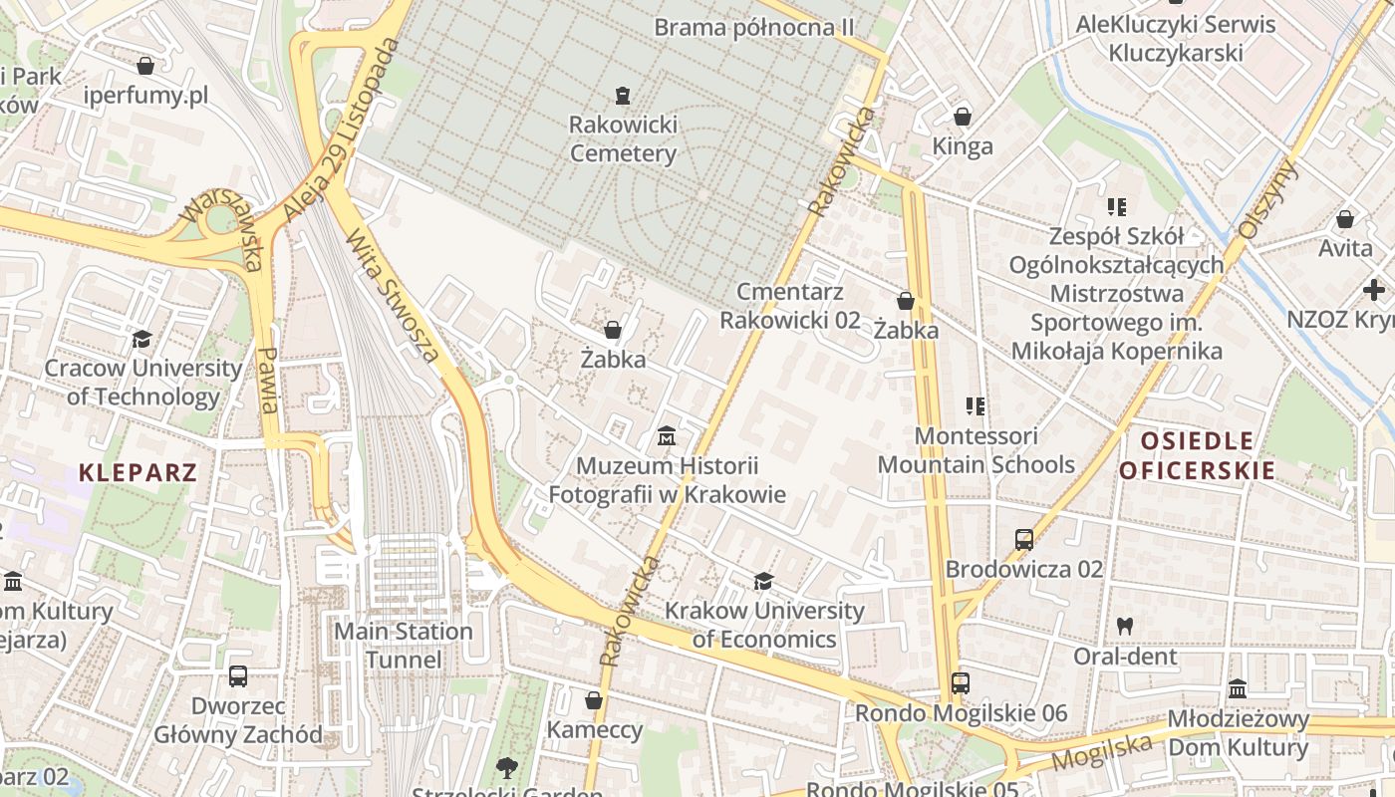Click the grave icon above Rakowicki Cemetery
623,96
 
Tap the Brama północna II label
753,27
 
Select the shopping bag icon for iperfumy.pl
145,66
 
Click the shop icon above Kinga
963,117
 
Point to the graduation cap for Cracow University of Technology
141,339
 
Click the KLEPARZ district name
138,472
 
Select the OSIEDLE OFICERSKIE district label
1197,455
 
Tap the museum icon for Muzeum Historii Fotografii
667,436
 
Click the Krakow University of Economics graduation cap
763,581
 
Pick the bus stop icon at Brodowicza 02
1024,540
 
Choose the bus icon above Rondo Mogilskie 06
961,683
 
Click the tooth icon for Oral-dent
1125,627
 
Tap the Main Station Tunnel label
403,646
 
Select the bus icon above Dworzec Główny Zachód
237,676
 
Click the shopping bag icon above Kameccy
594,700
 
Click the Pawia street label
267,380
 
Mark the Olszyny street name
1269,198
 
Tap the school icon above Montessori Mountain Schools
976,406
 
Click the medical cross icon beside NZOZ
1374,290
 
